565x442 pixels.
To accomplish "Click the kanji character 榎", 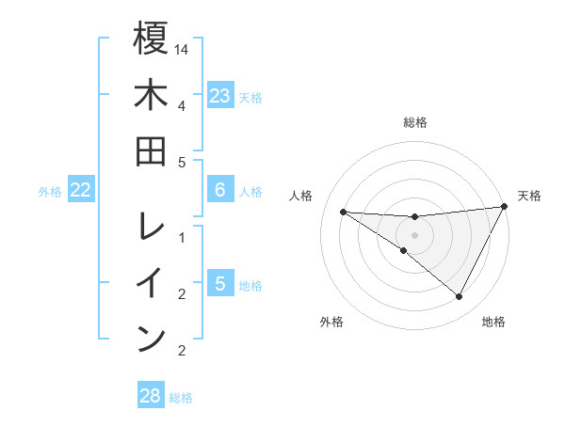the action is [151, 39].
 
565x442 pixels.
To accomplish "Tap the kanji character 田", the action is [151, 151].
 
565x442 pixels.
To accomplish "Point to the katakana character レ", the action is [151, 227].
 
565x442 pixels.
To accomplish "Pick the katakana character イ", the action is [151, 283].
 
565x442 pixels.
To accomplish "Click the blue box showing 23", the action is [219, 96].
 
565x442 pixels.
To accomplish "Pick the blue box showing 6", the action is [219, 190].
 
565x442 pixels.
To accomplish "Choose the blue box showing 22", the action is [81, 190].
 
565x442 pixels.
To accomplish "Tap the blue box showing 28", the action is [151, 396].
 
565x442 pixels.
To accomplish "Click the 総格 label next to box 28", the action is [181, 398].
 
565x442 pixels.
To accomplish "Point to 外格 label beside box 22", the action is [50, 192].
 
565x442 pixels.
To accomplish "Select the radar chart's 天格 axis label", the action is [529, 196].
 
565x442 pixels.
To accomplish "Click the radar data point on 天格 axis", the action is [504, 207].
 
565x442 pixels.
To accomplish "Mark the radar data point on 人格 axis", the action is [344, 212].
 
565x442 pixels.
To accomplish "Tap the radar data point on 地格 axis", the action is [460, 297].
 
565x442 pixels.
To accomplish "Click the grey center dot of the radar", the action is [414, 234].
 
